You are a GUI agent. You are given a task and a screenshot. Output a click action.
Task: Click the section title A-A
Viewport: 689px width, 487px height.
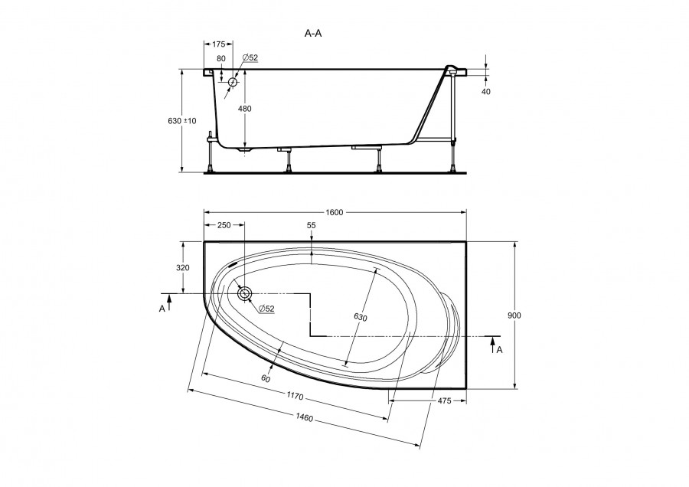[x=313, y=34]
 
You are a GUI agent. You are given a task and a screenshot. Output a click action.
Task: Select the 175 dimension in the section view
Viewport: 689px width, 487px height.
[x=219, y=44]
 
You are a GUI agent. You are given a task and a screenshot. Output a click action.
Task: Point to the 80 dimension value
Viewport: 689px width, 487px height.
[x=221, y=58]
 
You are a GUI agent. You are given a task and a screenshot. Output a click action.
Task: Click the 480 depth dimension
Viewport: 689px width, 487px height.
[x=245, y=109]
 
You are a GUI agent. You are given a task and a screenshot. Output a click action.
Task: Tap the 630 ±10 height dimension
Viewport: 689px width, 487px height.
[x=182, y=121]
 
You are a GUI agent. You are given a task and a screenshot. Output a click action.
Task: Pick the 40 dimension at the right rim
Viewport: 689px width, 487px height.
[x=485, y=91]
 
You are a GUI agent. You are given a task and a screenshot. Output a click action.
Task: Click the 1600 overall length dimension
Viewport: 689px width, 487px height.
[x=334, y=213]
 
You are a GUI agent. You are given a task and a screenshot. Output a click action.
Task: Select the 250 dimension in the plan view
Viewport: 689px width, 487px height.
[x=224, y=225]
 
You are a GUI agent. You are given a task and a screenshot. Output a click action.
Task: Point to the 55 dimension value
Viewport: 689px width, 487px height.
[x=311, y=225]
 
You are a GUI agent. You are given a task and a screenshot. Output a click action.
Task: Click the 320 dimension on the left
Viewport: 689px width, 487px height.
[x=182, y=267]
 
